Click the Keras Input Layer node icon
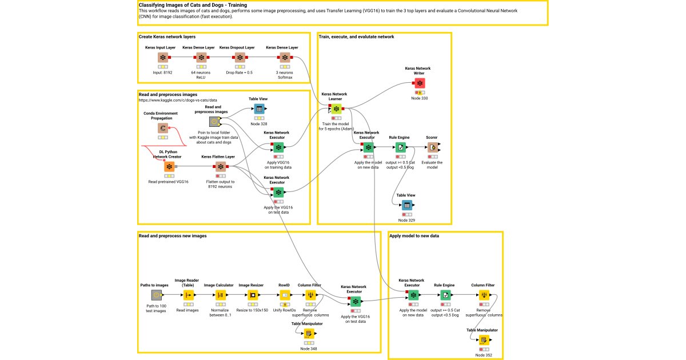pos(163,58)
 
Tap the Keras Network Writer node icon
pos(420,83)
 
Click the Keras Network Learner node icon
pos(336,109)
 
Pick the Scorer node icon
pos(433,147)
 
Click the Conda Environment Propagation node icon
pos(163,129)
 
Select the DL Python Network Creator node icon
pos(169,167)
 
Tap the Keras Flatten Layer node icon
pos(220,167)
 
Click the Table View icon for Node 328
pos(259,109)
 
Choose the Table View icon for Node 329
pos(406,205)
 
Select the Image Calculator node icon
pos(220,295)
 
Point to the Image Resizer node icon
pos(252,295)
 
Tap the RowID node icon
pos(285,295)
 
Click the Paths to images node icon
pos(156,295)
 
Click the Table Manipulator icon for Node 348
pos(309,334)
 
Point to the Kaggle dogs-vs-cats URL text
pos(178,100)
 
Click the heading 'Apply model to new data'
pos(414,235)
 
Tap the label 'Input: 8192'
pos(163,73)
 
